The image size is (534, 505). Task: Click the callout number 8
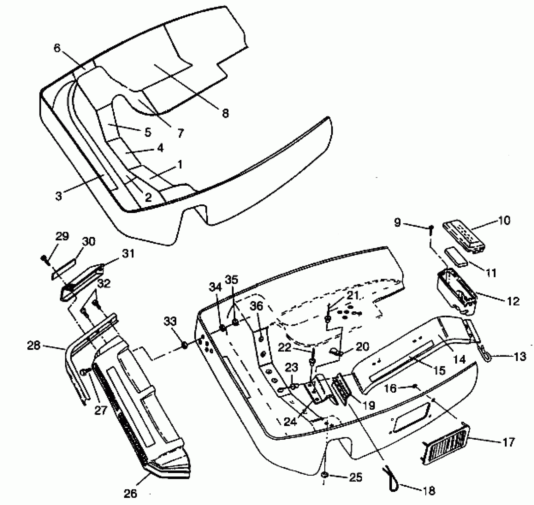(x=225, y=113)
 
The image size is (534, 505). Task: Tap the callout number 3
(x=59, y=196)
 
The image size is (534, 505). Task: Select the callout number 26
(x=130, y=493)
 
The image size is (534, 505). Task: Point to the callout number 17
(x=508, y=442)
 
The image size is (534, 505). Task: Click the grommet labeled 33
(x=185, y=345)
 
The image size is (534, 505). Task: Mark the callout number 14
(x=460, y=360)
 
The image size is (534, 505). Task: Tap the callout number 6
(x=57, y=48)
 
